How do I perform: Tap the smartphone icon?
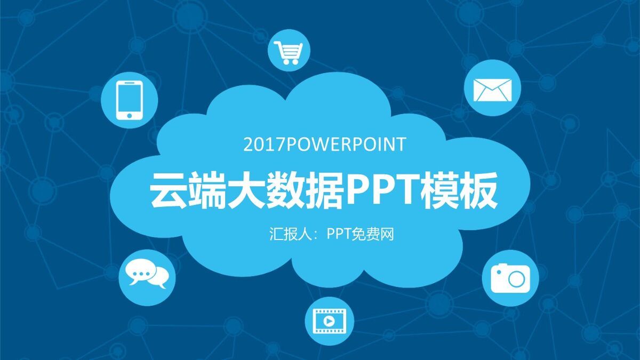(x=129, y=99)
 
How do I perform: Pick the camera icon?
(x=510, y=278)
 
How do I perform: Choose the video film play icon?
(x=329, y=321)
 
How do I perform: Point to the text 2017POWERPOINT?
(x=324, y=145)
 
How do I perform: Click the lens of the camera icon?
(x=516, y=278)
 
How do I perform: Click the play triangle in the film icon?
(x=330, y=321)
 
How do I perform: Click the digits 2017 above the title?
(x=261, y=145)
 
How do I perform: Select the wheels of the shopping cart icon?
(x=290, y=62)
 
